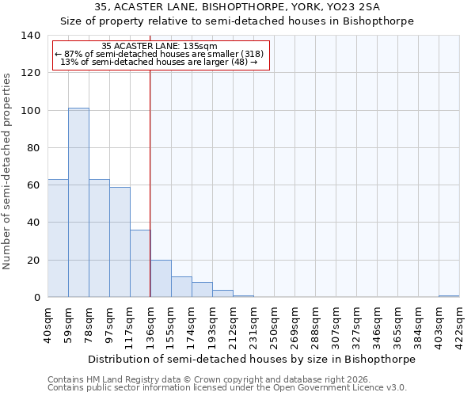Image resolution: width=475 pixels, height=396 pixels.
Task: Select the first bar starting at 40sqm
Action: tap(58, 238)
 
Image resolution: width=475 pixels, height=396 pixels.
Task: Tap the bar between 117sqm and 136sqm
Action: tap(140, 263)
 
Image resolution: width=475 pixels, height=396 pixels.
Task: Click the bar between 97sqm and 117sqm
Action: tap(120, 242)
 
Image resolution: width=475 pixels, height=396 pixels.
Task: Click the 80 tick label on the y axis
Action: tap(33, 148)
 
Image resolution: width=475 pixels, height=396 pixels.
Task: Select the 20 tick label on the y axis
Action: tap(33, 261)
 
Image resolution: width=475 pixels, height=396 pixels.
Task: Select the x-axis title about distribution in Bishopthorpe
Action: tap(252, 359)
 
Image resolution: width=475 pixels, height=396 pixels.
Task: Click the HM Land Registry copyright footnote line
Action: tap(203, 379)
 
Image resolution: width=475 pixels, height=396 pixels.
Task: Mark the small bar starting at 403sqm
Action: tap(449, 296)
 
